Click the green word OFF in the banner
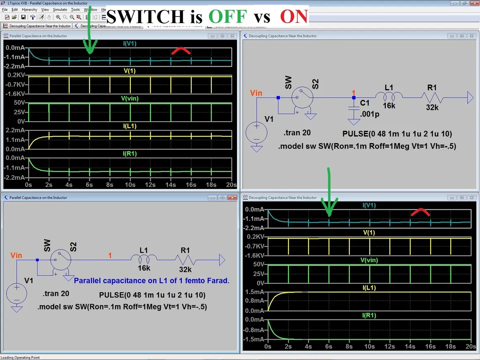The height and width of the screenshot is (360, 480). tap(228, 16)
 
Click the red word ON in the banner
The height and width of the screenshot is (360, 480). tap(294, 16)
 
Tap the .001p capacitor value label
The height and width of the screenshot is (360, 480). tap(370, 114)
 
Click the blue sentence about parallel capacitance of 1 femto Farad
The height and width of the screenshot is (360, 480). tap(151, 281)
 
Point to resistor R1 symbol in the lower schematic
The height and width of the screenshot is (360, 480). tap(185, 260)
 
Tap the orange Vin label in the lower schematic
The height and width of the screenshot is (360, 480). tap(16, 255)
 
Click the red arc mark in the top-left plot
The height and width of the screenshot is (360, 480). tap(181, 51)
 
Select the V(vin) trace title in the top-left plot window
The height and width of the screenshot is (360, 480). tap(130, 98)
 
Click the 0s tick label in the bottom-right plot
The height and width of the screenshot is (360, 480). tap(268, 346)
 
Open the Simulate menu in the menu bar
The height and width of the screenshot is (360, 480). tap(60, 10)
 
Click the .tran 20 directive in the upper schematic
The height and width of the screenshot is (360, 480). tap(297, 133)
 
